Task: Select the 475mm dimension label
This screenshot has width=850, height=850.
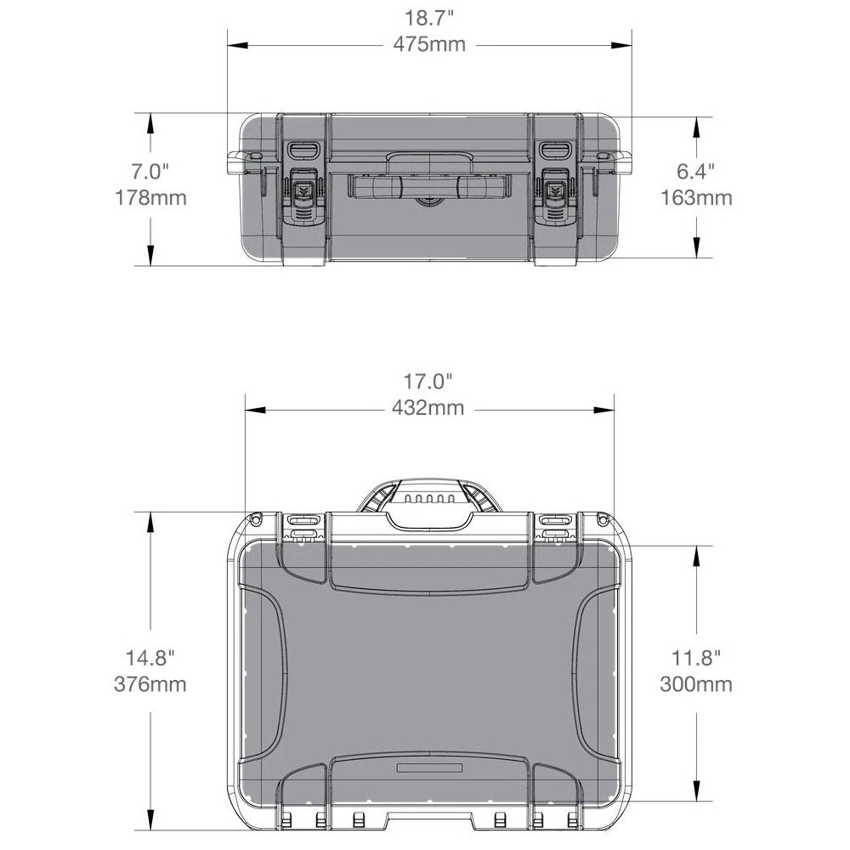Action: click(428, 44)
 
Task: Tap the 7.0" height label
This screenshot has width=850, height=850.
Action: click(150, 172)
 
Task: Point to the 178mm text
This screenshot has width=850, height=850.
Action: click(150, 198)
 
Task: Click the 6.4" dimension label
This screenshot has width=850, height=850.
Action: click(695, 172)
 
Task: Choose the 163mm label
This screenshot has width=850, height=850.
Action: click(695, 198)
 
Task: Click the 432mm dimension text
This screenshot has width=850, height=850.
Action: click(428, 408)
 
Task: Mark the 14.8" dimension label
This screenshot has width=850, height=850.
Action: click(150, 657)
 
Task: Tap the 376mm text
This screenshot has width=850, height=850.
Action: click(150, 683)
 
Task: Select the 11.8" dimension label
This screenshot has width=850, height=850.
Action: click(695, 657)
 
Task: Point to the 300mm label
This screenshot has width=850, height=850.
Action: click(695, 683)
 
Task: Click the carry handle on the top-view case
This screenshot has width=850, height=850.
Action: click(428, 501)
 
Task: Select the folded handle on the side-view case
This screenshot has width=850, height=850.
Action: click(428, 187)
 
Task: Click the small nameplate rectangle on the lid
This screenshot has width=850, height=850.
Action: click(429, 768)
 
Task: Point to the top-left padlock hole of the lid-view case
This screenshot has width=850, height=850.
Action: click(255, 518)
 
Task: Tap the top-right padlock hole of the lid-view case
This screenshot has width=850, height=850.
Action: click(603, 518)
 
